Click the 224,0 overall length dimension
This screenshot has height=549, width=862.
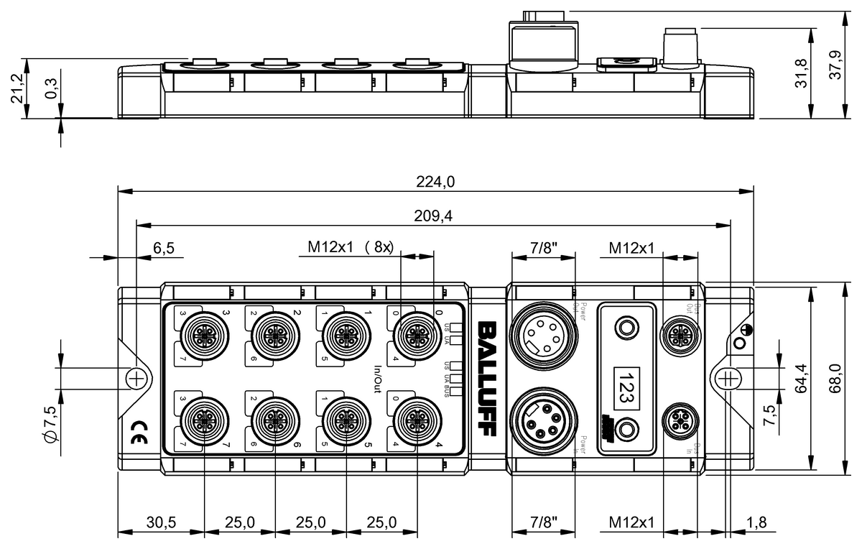point(435,182)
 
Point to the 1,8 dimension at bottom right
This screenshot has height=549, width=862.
point(756,522)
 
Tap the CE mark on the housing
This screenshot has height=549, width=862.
point(137,432)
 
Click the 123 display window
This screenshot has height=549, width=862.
point(627,379)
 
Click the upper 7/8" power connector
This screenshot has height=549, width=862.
point(542,333)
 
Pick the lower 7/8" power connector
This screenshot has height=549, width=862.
point(542,424)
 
